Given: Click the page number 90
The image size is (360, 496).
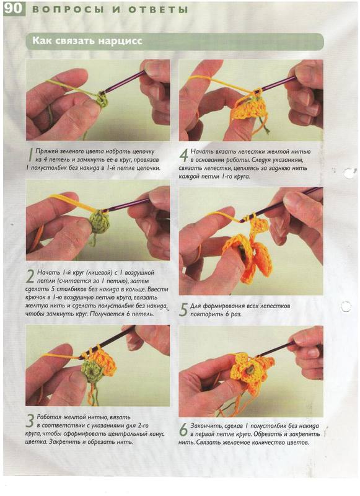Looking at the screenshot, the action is click(14, 9).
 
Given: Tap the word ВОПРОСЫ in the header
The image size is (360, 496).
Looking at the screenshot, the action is click(68, 10).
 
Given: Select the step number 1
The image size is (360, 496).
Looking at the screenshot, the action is click(30, 156).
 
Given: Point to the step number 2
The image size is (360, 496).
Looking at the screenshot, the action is click(30, 277).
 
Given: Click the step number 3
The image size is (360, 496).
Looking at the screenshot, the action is click(30, 421).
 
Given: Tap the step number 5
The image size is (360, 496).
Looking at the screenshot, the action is click(183, 309).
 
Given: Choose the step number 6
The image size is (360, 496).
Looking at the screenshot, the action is click(183, 430).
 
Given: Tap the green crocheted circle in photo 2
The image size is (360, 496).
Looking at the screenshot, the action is click(99, 222).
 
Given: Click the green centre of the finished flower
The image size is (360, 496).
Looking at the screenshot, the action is click(249, 370).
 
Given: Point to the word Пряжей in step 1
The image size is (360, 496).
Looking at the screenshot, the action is click(46, 151).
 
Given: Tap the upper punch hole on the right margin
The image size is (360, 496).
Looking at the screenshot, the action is click(349, 173).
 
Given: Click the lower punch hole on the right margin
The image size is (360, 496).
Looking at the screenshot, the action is click(346, 306).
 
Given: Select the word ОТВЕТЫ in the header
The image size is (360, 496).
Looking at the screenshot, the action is click(158, 10).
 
